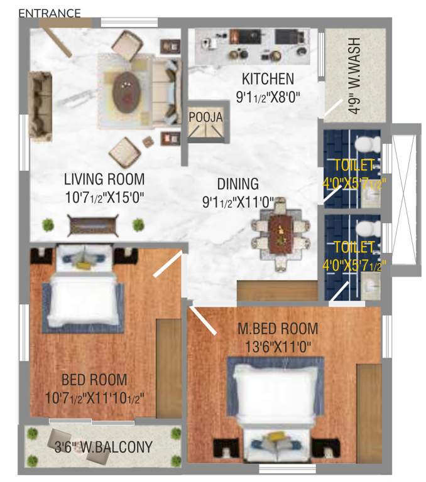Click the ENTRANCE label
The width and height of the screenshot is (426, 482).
click(x=50, y=13)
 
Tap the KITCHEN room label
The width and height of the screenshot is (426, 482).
click(x=268, y=79)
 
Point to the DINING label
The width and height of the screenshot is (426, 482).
click(x=238, y=184)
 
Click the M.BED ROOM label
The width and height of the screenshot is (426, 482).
click(x=277, y=328)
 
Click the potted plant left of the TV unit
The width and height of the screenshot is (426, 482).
click(x=47, y=224)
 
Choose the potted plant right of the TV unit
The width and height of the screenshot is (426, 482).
click(x=138, y=225)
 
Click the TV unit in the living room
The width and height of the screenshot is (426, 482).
click(x=92, y=225)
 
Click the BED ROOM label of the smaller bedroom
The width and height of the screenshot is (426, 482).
click(x=94, y=380)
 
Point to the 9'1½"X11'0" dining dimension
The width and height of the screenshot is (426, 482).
click(x=238, y=202)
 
